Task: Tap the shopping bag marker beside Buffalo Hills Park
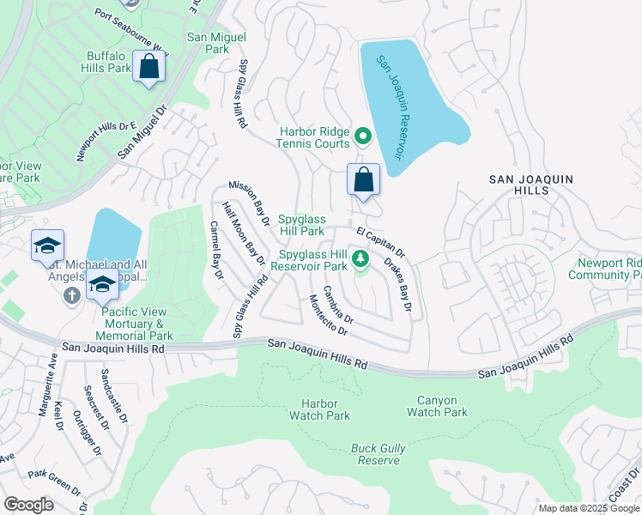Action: tap(149, 67)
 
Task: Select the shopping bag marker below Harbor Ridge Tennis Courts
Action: tap(363, 180)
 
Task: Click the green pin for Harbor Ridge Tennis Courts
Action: tap(363, 136)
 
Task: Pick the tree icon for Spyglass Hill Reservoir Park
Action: tap(361, 258)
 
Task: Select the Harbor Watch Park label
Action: tap(326, 409)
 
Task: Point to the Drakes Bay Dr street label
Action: tap(397, 283)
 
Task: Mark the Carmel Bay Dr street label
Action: tap(216, 251)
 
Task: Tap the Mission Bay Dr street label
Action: tap(249, 203)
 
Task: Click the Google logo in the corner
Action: tap(29, 504)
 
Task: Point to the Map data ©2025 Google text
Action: tap(589, 507)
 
